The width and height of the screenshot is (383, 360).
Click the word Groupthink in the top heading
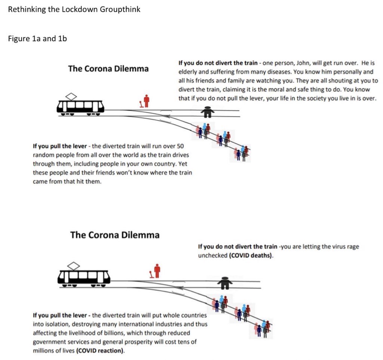(120, 9)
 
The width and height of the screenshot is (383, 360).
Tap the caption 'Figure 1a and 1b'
(37, 39)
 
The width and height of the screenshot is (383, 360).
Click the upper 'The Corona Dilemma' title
(108, 68)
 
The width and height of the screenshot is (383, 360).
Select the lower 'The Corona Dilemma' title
(114, 235)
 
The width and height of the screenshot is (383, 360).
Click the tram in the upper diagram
(80, 106)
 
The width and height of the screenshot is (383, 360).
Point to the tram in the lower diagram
(84, 277)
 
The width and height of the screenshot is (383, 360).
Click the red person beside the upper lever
(147, 101)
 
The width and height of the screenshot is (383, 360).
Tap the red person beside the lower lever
(157, 270)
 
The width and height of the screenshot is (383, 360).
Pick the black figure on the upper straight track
(207, 111)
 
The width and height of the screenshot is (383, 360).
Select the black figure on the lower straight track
(224, 283)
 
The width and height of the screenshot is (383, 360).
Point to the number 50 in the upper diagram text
(180, 146)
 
